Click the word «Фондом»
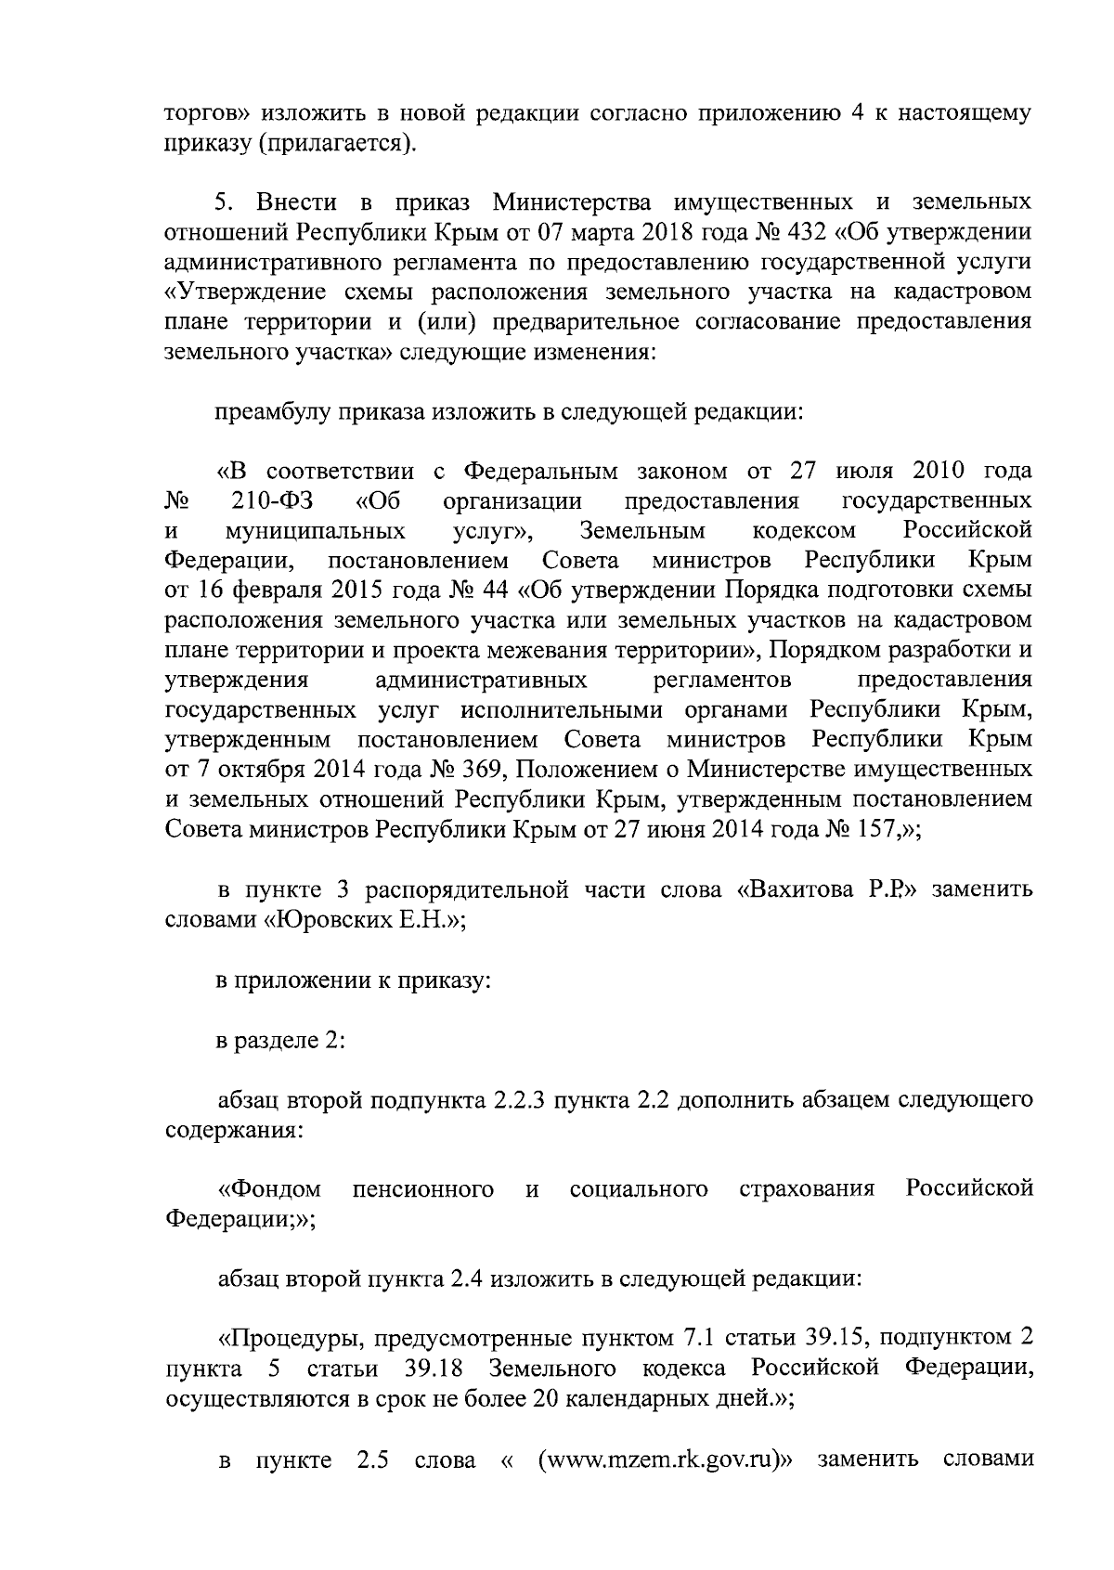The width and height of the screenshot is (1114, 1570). [269, 1189]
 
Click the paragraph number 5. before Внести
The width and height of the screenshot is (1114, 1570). [224, 201]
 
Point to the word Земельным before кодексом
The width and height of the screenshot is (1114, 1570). [641, 532]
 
